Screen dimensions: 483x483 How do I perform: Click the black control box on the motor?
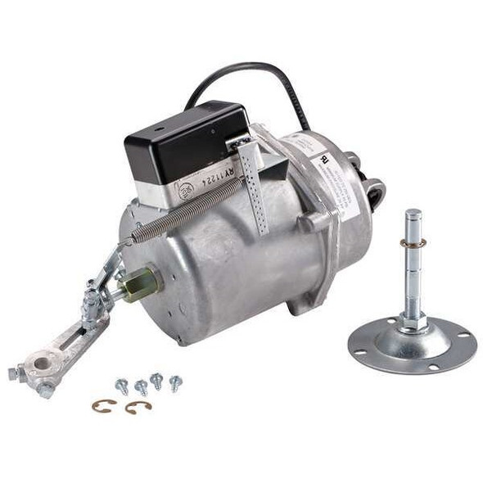(184, 143)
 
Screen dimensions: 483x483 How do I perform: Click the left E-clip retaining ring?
(103, 405)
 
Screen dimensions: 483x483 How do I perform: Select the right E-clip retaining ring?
(138, 407)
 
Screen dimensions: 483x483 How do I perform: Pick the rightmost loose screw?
(174, 381)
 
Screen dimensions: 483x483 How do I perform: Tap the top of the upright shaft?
(412, 216)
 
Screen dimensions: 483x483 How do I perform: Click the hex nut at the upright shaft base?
(413, 321)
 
